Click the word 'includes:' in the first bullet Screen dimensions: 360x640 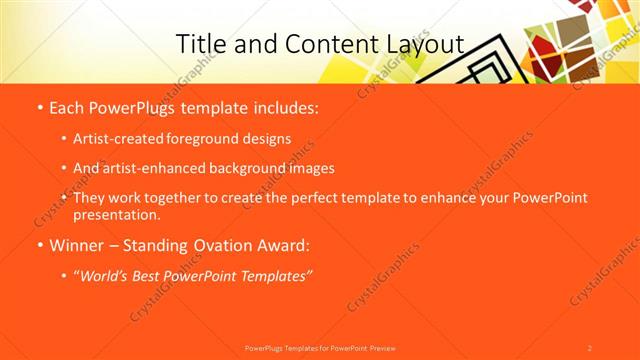point(281,106)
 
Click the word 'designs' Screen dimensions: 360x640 point(267,139)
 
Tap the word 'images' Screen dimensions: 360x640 point(309,169)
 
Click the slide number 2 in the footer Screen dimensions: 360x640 point(590,348)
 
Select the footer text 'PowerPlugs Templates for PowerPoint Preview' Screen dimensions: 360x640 point(320,348)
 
